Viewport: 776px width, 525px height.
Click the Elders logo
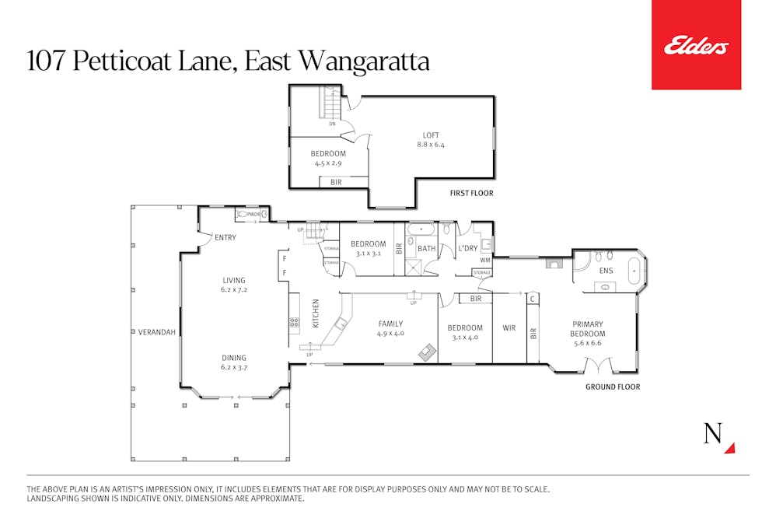click(696, 46)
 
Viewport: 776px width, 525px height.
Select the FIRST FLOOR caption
click(471, 193)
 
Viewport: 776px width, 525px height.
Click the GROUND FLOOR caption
click(613, 387)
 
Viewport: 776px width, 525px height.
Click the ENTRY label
click(225, 237)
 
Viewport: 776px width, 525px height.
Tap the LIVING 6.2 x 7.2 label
click(233, 285)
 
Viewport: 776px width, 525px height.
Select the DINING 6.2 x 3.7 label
click(233, 362)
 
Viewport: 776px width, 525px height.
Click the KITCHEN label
click(316, 313)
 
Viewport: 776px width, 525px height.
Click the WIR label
click(509, 328)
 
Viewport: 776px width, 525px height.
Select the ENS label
click(606, 271)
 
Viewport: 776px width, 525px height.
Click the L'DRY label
click(467, 248)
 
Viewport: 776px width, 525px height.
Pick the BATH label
click(426, 249)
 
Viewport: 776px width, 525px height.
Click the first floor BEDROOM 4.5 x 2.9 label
click(328, 159)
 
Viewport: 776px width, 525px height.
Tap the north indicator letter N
click(713, 434)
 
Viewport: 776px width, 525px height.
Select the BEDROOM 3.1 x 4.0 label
click(465, 332)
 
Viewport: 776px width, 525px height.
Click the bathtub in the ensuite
click(633, 275)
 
